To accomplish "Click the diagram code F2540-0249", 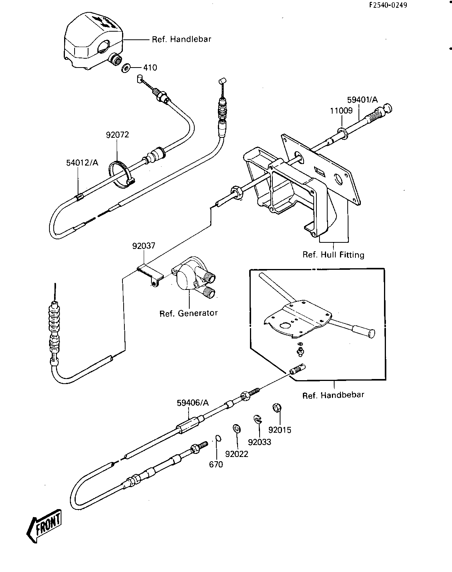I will click(x=388, y=5).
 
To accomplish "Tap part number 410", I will click(x=150, y=68).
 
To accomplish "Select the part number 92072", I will click(x=117, y=135).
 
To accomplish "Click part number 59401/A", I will click(x=362, y=100).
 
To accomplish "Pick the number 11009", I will click(x=341, y=111).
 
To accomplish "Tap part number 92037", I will click(x=144, y=246).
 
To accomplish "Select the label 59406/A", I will click(x=193, y=403).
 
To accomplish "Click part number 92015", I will click(x=280, y=430).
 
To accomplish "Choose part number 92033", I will click(x=260, y=442).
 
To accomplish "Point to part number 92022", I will click(x=236, y=454).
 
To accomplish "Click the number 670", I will click(x=216, y=464).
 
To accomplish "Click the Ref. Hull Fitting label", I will click(x=333, y=255).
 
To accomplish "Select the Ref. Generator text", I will click(x=189, y=313).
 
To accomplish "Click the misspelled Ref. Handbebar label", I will click(x=333, y=395).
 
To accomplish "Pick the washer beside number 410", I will click(x=126, y=68).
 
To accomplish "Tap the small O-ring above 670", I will click(x=217, y=438).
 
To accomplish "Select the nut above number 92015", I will click(x=277, y=408).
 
